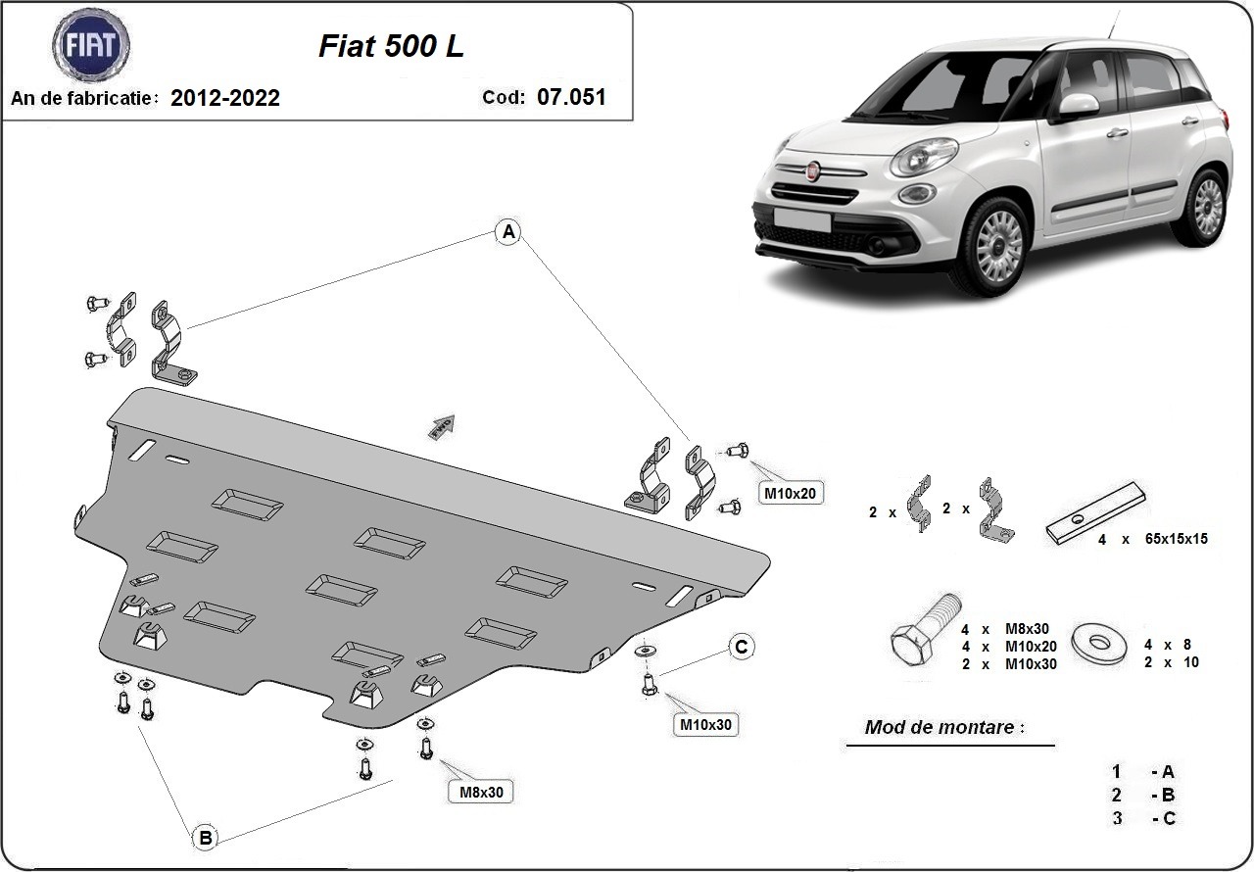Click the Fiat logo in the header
coord(90,46)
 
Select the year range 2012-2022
coord(225,98)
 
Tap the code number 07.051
coord(571,97)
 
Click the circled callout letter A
coord(507,232)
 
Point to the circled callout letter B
coord(205,838)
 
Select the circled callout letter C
coord(742,647)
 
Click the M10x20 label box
coord(789,494)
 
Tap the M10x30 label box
coord(704,725)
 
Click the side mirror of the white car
coord(1079,105)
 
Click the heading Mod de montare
coord(944,728)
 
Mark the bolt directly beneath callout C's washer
coord(648,684)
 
